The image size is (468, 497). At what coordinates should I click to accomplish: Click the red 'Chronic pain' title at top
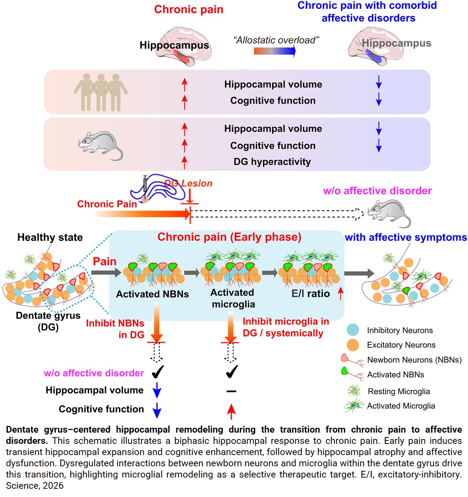click(x=189, y=9)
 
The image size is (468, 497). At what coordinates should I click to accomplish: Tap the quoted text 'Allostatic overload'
click(x=276, y=40)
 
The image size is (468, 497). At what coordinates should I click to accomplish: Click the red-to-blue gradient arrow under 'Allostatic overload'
click(x=275, y=51)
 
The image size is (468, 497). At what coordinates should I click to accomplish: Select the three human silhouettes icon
click(x=101, y=92)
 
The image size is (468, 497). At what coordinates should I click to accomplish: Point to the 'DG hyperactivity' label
click(x=272, y=162)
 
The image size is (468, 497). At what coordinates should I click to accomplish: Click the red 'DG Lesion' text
click(x=189, y=183)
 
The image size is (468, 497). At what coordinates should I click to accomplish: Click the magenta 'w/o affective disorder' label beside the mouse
click(x=377, y=191)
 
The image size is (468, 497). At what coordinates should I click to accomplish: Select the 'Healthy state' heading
click(x=50, y=237)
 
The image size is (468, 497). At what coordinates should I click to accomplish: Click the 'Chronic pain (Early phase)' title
click(x=229, y=237)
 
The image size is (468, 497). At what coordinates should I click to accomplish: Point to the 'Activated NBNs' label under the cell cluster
click(x=152, y=294)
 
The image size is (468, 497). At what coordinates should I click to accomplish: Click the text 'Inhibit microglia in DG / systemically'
click(x=286, y=327)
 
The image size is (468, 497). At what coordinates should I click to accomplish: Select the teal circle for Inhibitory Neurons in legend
click(x=353, y=330)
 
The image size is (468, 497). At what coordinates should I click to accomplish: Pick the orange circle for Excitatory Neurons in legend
click(x=353, y=345)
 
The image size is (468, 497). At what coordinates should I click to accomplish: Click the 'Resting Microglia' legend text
click(x=399, y=391)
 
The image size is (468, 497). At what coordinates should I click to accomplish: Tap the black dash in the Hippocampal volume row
click(x=231, y=391)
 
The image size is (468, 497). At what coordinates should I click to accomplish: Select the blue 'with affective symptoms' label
click(x=406, y=237)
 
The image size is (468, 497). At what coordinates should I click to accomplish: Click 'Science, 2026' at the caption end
click(x=35, y=486)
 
